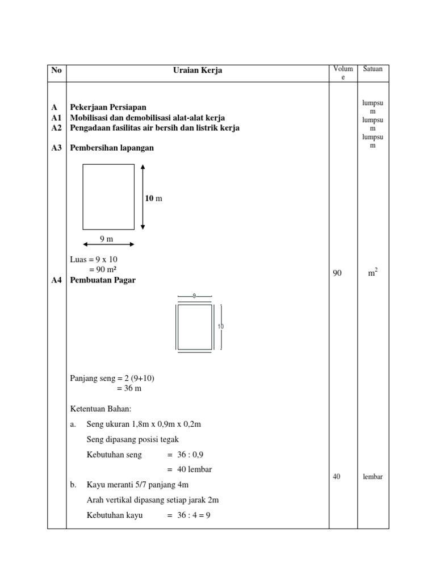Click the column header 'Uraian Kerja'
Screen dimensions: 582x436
(198, 70)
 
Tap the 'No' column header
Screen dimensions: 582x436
(56, 70)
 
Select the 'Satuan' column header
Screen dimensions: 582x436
(373, 69)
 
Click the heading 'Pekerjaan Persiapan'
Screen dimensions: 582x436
(108, 107)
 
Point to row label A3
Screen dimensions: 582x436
(56, 148)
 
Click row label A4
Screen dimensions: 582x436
(56, 280)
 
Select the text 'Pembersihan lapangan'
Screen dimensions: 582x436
(112, 148)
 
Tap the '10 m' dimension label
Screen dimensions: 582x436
(153, 198)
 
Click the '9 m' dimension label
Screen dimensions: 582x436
(107, 239)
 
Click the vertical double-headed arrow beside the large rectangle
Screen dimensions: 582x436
(142, 197)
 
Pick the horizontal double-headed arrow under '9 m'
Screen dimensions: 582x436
(108, 245)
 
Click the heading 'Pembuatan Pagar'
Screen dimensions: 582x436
(103, 280)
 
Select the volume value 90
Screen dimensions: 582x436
(337, 273)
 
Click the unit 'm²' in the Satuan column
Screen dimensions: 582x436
(373, 273)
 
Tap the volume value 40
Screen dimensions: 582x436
(337, 477)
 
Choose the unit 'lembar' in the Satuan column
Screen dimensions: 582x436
(373, 477)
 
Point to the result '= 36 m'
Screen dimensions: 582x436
(129, 389)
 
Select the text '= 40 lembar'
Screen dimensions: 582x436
(190, 469)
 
